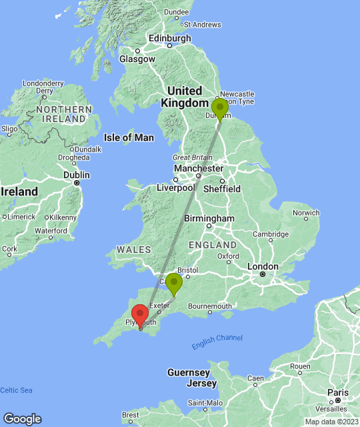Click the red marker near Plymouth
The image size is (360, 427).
point(140,315)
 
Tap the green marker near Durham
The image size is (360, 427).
point(219,108)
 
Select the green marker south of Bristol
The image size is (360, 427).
point(173,284)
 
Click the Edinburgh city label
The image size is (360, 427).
point(170,39)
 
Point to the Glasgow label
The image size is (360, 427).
point(137,59)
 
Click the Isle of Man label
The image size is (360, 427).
point(129,137)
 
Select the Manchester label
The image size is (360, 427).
point(197,169)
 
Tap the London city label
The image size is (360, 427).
point(263,266)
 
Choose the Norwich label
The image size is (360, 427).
point(307,214)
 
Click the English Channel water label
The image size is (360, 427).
point(217,342)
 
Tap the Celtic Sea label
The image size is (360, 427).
point(16,390)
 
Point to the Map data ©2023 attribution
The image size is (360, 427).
point(331,422)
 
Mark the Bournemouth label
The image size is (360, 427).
point(209,306)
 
